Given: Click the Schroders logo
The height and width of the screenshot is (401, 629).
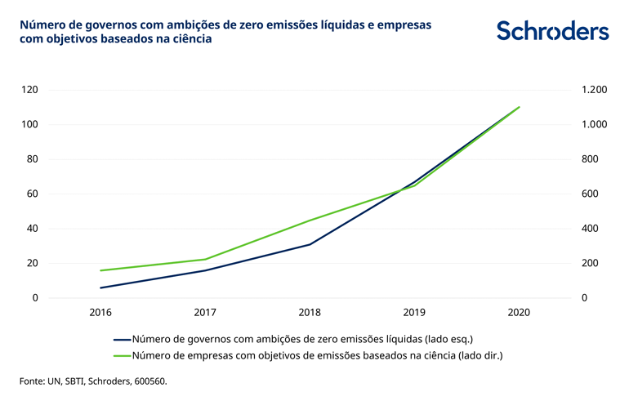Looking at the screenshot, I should (552, 32).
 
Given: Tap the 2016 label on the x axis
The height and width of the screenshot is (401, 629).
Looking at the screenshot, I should (100, 313).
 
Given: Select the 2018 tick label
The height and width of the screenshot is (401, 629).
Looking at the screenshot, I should (310, 313).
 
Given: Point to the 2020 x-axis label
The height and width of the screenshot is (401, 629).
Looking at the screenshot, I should (520, 313).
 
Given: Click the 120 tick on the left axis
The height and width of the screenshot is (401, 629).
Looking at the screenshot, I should (30, 90).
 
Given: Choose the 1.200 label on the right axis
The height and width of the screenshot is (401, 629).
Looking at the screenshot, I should (594, 90).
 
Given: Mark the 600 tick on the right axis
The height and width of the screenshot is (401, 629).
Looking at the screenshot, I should (591, 194).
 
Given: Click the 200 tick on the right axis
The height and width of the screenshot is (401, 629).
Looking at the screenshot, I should (591, 263).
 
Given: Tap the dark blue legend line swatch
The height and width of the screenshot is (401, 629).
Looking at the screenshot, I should (122, 339).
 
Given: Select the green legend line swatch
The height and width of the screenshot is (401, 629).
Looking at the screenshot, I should (122, 355).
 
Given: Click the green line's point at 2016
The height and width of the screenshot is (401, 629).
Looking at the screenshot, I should (100, 270).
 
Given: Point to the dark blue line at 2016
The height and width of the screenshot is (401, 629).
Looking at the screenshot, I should (100, 287).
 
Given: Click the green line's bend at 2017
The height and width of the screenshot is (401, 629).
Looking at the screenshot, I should (205, 259).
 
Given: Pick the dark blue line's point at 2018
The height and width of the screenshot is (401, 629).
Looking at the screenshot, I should (310, 244).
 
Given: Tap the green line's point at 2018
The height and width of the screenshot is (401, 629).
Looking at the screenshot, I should (310, 221).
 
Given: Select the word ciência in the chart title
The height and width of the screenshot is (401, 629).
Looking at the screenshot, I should (190, 38).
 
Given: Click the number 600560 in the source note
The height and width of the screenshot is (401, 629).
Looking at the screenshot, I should (148, 381).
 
